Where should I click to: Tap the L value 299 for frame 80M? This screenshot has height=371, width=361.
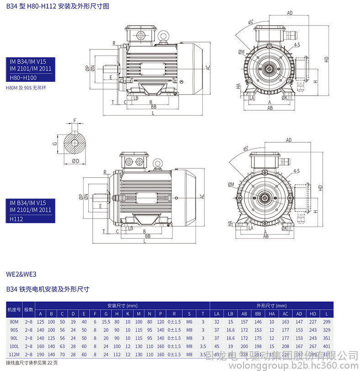[326, 322]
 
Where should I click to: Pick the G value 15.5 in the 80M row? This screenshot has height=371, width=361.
[106, 322]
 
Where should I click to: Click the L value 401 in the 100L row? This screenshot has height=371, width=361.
[326, 346]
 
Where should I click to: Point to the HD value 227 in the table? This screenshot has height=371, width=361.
[313, 322]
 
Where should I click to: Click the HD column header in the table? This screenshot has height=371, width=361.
[313, 314]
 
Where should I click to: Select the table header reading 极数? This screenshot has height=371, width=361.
[29, 310]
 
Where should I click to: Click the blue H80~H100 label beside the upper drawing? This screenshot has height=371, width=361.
[23, 78]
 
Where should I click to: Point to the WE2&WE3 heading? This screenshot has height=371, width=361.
[21, 274]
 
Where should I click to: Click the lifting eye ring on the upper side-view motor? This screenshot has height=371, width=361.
[163, 35]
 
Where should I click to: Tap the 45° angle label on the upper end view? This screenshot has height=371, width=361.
[251, 22]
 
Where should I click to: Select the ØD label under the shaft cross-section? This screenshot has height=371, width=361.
[76, 161]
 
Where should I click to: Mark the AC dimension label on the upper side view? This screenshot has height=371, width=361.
[207, 67]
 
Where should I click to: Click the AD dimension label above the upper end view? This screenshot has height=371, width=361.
[289, 13]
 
